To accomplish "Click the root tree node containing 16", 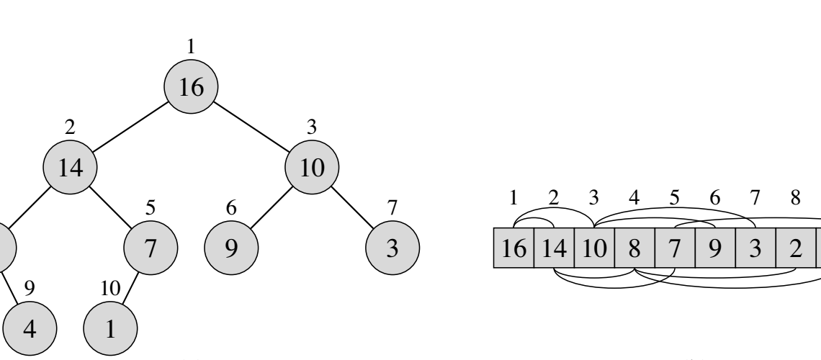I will [x=191, y=87].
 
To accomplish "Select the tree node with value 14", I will [x=71, y=169].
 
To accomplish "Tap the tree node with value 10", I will [x=312, y=169].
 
